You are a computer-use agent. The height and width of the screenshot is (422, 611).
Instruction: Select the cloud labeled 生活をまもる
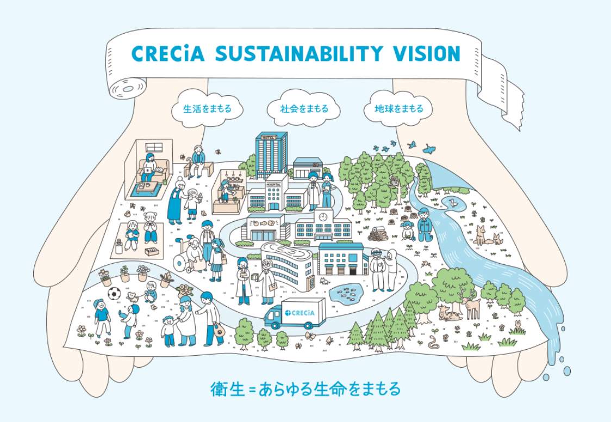(x=207, y=109)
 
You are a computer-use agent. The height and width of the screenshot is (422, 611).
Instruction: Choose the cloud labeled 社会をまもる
(x=304, y=109)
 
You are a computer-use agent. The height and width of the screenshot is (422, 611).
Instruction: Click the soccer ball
(x=114, y=294)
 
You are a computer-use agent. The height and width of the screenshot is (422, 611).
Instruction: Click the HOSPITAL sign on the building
(x=275, y=185)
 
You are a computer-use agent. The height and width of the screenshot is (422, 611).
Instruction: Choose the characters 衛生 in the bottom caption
(x=228, y=389)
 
